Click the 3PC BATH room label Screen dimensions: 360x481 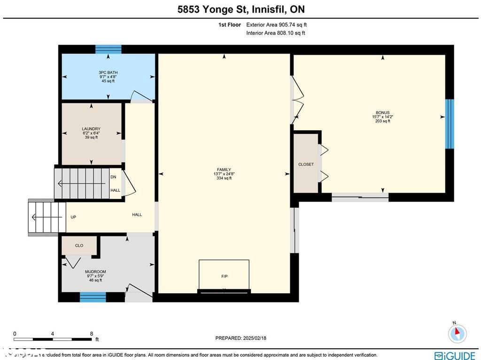[x=108, y=77]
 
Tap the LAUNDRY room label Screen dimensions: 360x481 [x=91, y=133]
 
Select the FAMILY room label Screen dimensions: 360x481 [x=224, y=174]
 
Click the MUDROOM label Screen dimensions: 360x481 [x=95, y=275]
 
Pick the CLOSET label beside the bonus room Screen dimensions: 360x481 [x=306, y=164]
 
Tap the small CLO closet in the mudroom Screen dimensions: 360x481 [x=79, y=245]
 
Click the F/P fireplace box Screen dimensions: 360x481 [x=224, y=276]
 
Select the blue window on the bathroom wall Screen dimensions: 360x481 [x=109, y=49]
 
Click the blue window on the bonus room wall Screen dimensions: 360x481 [x=450, y=124]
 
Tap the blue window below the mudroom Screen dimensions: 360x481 [x=93, y=297]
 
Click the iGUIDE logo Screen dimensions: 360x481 [x=455, y=355]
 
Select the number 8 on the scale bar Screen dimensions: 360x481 [x=91, y=334]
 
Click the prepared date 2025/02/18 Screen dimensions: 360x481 [x=240, y=338]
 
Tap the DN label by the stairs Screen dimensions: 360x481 [x=113, y=177]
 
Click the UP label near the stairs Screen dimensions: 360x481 [x=73, y=217]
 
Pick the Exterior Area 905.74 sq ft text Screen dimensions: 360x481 [x=276, y=25]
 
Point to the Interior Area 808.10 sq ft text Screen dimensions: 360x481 [x=276, y=33]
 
